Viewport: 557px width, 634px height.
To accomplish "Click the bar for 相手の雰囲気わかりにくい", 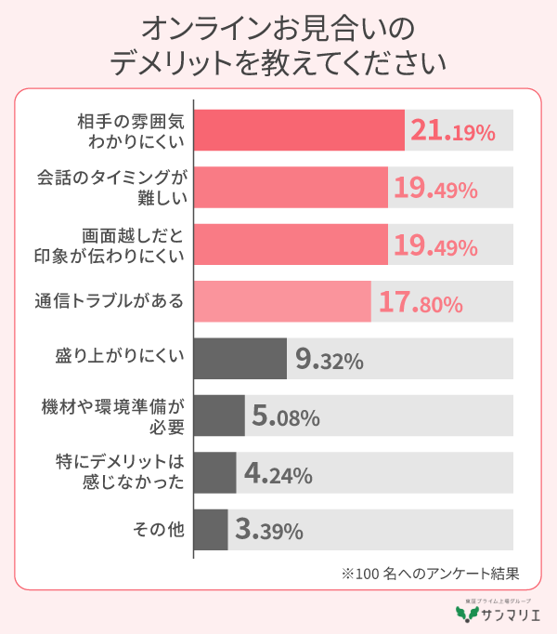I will click(299, 130).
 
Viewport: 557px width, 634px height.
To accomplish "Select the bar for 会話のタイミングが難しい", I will click(291, 188).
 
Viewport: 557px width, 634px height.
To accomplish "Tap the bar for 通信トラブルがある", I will click(282, 301).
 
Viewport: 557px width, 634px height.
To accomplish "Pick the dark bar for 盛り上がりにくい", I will click(240, 359).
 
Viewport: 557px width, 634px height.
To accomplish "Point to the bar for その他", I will click(211, 530).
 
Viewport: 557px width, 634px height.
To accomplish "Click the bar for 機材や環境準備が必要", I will click(219, 416).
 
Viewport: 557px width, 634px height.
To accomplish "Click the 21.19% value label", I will click(452, 132).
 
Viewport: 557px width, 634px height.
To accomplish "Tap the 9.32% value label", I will click(329, 360).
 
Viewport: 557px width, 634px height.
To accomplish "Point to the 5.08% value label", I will click(286, 416).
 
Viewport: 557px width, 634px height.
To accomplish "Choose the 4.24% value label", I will click(278, 474).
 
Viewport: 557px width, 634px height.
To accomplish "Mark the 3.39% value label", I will click(269, 531).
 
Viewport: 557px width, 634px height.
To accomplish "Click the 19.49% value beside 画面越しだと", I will click(435, 245).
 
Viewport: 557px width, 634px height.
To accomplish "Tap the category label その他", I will click(159, 530).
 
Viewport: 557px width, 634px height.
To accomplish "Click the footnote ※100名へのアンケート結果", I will click(428, 574).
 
